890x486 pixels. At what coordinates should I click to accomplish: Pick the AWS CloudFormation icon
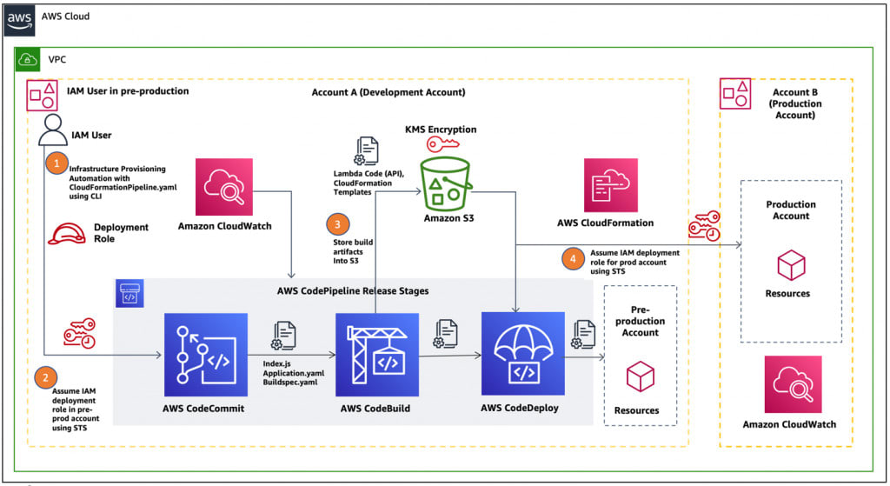609,185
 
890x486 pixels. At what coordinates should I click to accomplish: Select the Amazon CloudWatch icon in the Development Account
224,185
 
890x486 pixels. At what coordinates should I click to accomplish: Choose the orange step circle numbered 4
571,257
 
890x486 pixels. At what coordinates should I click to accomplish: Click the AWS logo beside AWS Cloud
20,17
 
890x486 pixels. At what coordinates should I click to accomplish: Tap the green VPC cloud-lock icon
29,60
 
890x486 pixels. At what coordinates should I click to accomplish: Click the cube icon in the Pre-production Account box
640,376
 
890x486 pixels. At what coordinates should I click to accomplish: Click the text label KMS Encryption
441,130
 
